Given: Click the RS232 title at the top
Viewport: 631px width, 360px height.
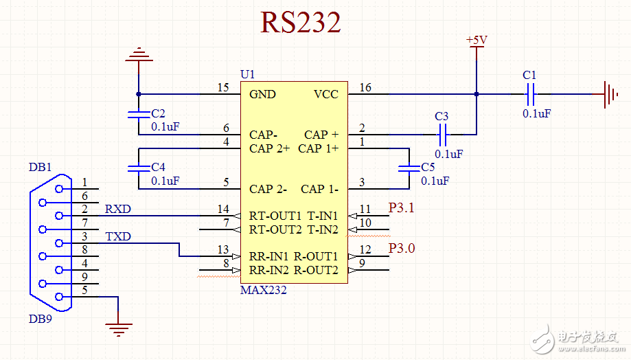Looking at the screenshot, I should (x=300, y=23).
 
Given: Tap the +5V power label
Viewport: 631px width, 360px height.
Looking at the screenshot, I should (x=477, y=40).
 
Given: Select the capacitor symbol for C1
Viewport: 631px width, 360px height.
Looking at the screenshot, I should (x=529, y=94).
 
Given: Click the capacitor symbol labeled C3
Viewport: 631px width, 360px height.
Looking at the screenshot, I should (x=441, y=134).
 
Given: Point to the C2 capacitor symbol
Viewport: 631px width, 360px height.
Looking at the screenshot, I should (x=139, y=114).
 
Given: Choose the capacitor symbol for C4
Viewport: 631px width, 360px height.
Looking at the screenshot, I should (x=139, y=168).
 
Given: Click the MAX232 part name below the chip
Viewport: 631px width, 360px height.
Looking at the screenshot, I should (x=263, y=290).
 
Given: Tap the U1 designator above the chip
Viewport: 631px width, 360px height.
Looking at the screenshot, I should (x=247, y=74).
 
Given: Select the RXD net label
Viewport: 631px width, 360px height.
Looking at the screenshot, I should (x=118, y=209).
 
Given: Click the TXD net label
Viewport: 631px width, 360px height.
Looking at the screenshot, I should (x=118, y=236).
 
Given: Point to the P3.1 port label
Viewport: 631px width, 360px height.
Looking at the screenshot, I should (x=402, y=207).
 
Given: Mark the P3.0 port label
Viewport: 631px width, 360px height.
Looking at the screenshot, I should (x=402, y=248).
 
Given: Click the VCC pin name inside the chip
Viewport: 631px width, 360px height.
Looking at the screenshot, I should (x=326, y=94).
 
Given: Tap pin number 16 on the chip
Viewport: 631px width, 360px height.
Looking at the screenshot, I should (x=365, y=87).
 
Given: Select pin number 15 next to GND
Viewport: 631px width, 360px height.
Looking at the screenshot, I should (x=222, y=87).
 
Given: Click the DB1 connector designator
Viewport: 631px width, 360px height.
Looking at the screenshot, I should (x=40, y=167).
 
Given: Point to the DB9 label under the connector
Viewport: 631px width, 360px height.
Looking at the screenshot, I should (x=40, y=319).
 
